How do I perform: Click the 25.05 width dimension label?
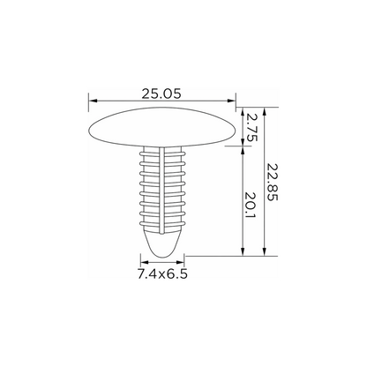click(x=161, y=94)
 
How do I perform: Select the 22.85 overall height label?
click(x=272, y=182)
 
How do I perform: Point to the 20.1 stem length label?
click(x=251, y=206)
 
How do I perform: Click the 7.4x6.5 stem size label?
click(x=162, y=274)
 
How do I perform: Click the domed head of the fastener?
click(x=162, y=127)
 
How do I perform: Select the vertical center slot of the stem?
click(x=162, y=191)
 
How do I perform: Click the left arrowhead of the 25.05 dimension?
click(x=93, y=101)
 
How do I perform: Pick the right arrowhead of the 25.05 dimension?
click(x=231, y=101)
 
